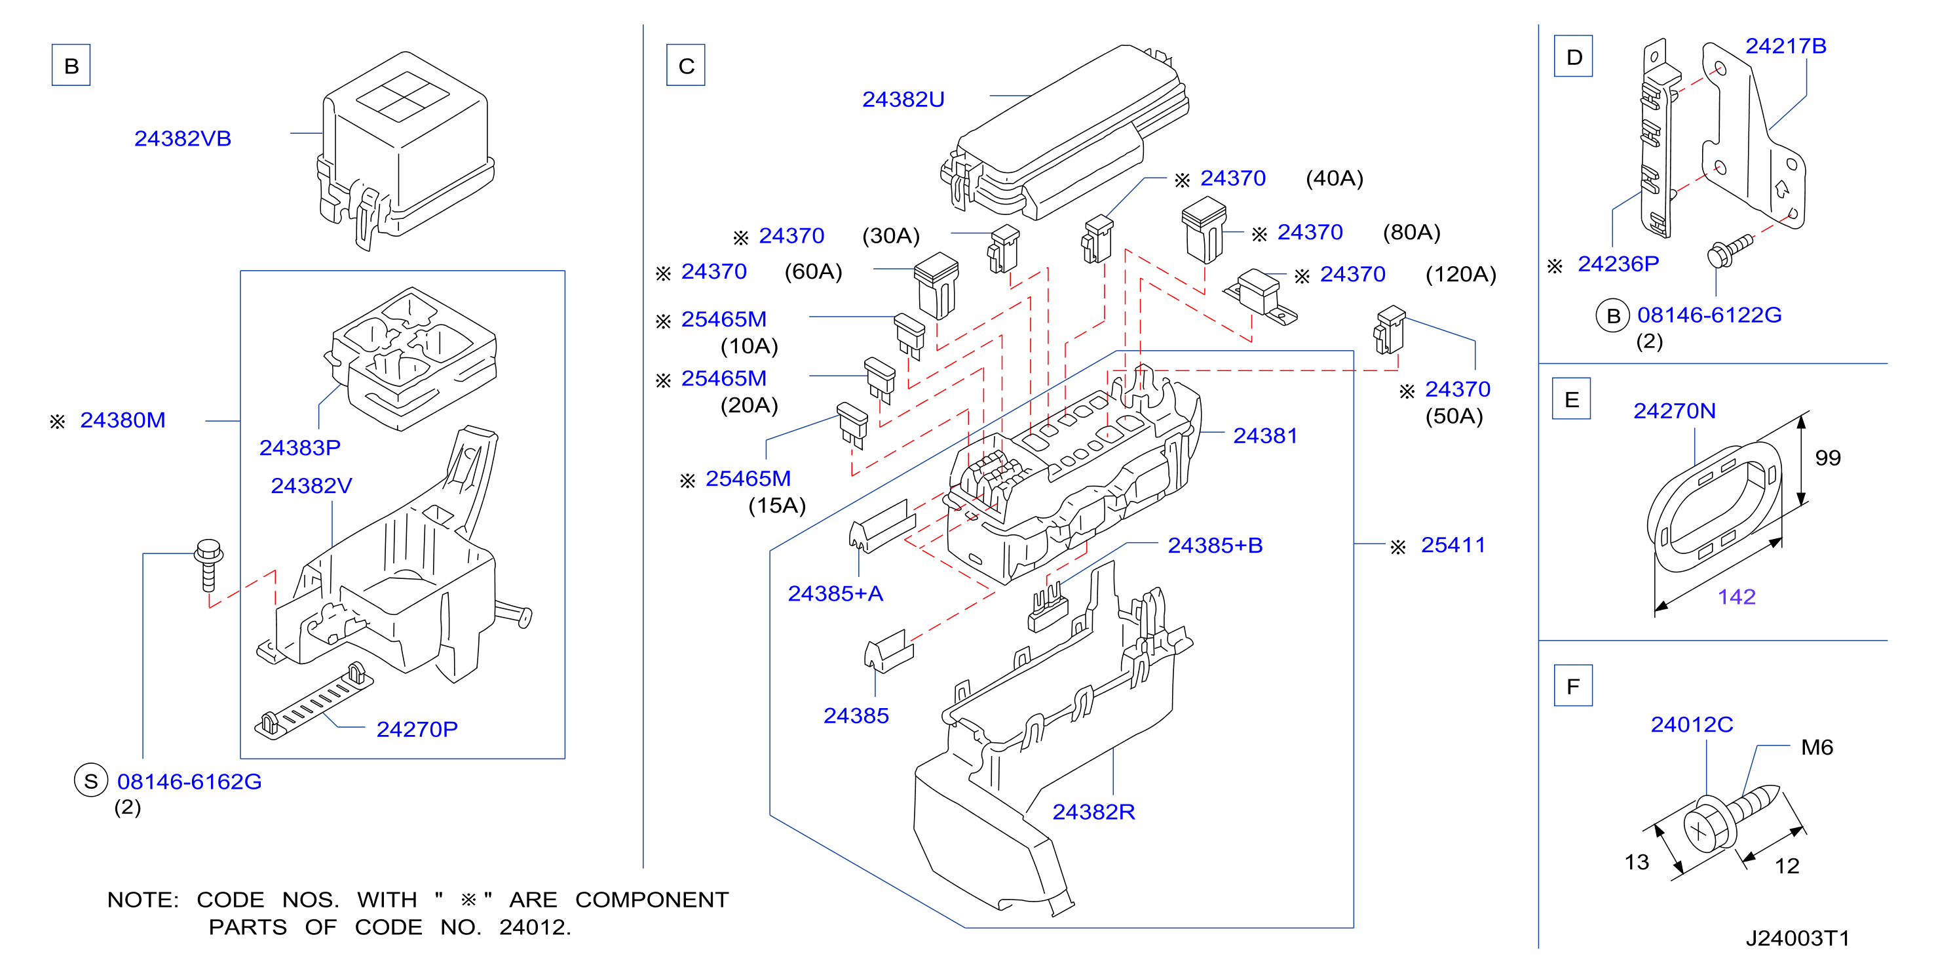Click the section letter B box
click(x=71, y=66)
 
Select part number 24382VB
click(x=183, y=138)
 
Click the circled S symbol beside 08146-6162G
click(x=91, y=782)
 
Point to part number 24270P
click(x=417, y=728)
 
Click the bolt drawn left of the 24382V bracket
click(x=208, y=565)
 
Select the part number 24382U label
click(x=903, y=99)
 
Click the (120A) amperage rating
click(x=1460, y=275)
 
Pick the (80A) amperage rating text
click(x=1411, y=232)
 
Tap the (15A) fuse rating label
click(x=776, y=506)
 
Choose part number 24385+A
click(x=835, y=593)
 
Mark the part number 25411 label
click(x=1452, y=544)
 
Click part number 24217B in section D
click(x=1786, y=46)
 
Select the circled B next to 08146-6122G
click(x=1612, y=316)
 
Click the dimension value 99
click(x=1828, y=458)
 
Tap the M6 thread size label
click(x=1817, y=747)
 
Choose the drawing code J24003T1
click(x=1797, y=938)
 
